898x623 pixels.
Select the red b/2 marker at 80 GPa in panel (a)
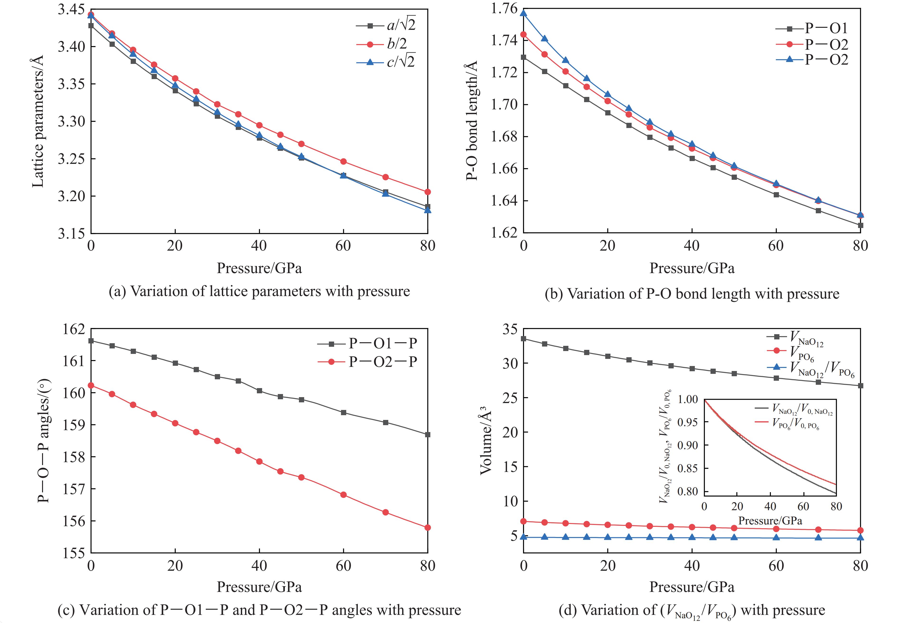(x=427, y=192)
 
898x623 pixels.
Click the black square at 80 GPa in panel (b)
(x=860, y=225)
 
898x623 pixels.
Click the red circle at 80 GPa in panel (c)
(x=427, y=527)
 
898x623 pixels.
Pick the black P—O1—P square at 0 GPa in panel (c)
(x=91, y=340)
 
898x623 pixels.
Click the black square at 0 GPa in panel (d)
(x=523, y=338)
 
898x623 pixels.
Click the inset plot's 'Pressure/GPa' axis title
(x=770, y=520)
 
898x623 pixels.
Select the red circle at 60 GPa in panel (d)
(x=776, y=528)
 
